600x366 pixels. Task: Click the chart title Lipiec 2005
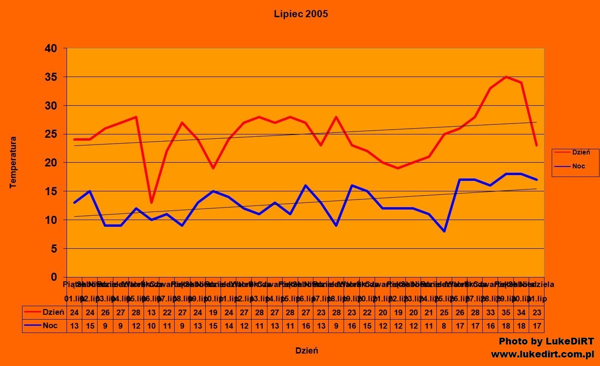coord(301,14)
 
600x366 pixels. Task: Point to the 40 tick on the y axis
coord(51,48)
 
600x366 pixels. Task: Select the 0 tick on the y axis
coord(54,277)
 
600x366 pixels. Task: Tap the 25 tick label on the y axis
coord(51,134)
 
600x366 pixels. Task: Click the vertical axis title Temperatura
coord(13,163)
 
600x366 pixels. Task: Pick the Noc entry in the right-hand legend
coord(578,166)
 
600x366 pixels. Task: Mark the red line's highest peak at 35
coord(506,77)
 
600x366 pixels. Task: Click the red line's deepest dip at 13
coord(151,202)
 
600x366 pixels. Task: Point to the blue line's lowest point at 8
coord(444,231)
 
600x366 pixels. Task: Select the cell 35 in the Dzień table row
coord(506,312)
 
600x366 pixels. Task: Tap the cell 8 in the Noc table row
coord(444,326)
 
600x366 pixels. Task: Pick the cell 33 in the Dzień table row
coord(490,312)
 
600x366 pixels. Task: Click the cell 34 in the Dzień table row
coord(521,312)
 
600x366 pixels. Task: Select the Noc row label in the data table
coord(50,326)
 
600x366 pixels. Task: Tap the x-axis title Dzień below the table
coord(306,351)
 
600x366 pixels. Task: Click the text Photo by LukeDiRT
coord(546,342)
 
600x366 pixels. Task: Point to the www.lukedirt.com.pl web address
coord(542,355)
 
